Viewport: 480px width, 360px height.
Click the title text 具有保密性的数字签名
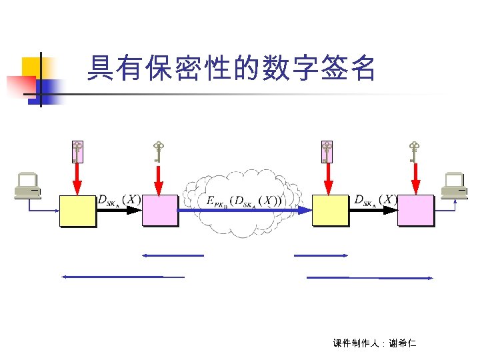pyautogui.click(x=232, y=69)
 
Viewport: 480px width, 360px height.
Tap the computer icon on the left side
pyautogui.click(x=27, y=186)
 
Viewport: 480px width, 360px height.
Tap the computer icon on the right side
pyautogui.click(x=455, y=186)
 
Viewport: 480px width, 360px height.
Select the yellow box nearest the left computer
pyautogui.click(x=77, y=211)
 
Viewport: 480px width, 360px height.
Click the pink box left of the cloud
pyautogui.click(x=160, y=211)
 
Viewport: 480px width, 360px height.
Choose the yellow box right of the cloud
pyautogui.click(x=331, y=211)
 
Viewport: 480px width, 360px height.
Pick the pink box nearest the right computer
pyautogui.click(x=415, y=211)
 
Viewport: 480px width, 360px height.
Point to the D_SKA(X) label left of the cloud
pyautogui.click(x=119, y=199)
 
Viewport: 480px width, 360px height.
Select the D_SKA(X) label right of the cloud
pyautogui.click(x=376, y=199)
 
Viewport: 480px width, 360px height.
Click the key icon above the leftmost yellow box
pyautogui.click(x=77, y=152)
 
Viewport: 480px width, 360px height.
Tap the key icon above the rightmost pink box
pyautogui.click(x=415, y=151)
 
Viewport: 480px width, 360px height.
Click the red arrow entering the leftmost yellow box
pyautogui.click(x=77, y=179)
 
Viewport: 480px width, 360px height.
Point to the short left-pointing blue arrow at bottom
pyautogui.click(x=173, y=255)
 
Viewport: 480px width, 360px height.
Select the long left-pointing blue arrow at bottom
pyautogui.click(x=123, y=276)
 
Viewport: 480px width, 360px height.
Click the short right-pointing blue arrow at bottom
pyautogui.click(x=321, y=255)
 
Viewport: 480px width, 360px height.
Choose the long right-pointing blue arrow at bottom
pyautogui.click(x=371, y=277)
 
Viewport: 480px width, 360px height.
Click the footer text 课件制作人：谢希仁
pyautogui.click(x=373, y=343)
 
